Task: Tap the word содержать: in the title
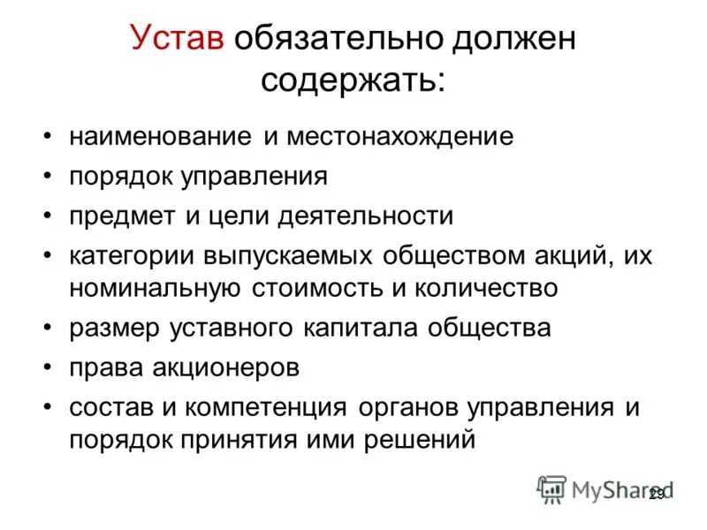coord(353,81)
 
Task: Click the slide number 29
coord(656,496)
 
